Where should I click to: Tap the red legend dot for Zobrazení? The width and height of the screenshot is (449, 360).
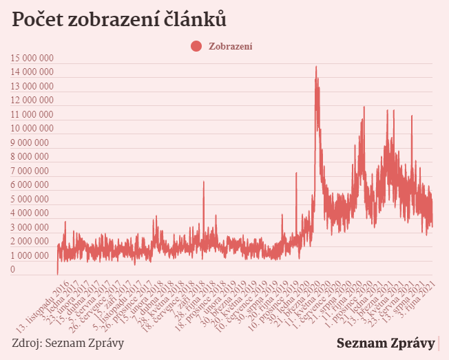click(196, 46)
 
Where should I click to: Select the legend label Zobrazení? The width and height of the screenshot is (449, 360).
click(230, 46)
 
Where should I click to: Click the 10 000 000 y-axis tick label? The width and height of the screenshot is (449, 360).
click(32, 129)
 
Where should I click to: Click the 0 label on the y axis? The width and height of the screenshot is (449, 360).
click(13, 270)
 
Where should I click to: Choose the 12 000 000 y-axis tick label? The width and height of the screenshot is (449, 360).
click(32, 100)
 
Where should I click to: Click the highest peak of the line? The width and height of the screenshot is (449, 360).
click(316, 67)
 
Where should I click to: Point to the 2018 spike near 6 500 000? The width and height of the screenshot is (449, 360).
click(204, 182)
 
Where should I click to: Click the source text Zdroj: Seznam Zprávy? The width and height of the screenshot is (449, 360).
click(68, 343)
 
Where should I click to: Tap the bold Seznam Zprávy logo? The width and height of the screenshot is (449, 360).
click(386, 343)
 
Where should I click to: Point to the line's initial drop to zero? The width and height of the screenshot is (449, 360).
click(57, 273)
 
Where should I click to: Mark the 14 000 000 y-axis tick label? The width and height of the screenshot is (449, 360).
click(32, 72)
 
